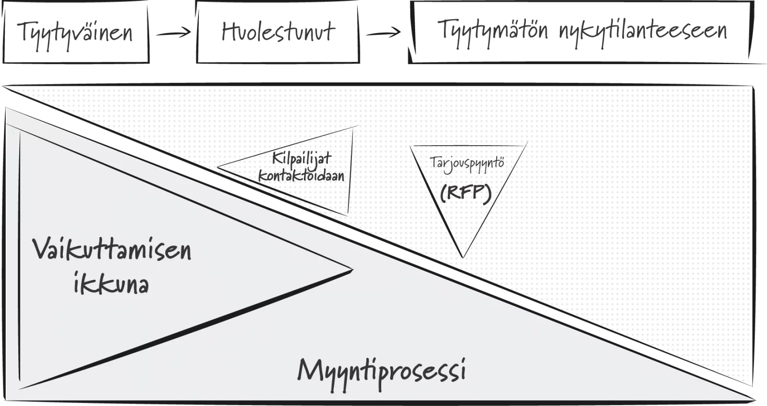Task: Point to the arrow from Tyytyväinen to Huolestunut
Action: [173, 33]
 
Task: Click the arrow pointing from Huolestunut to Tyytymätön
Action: [383, 33]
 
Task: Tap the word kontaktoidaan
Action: [302, 175]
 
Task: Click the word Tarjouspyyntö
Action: [467, 164]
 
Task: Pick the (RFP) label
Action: [465, 194]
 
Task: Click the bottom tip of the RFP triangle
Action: [463, 257]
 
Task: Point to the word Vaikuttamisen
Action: [112, 249]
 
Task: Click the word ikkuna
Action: [111, 282]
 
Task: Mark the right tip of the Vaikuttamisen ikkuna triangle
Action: [352, 270]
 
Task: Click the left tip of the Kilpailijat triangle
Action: [218, 167]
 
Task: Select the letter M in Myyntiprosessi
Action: [311, 370]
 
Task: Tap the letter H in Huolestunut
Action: [230, 32]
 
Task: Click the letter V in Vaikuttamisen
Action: [43, 248]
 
